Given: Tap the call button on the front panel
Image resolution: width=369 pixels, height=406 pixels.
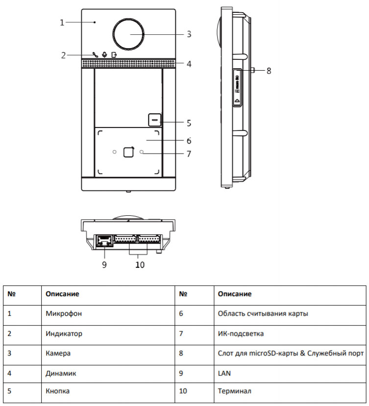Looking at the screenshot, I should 155,119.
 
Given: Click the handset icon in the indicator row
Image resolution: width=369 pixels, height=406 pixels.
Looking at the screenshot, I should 95,55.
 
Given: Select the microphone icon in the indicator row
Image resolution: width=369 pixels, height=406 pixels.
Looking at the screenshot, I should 104,55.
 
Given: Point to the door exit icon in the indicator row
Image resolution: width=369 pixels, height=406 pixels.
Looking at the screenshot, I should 114,55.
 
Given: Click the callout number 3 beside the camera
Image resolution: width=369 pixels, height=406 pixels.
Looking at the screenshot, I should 189,34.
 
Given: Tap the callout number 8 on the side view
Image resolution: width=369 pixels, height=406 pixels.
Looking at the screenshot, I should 269,71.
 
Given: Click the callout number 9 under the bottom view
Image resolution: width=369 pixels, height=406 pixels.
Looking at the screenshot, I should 104,265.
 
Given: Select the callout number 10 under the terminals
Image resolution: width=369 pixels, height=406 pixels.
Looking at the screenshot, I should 140,265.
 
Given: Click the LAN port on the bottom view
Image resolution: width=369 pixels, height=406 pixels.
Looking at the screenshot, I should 103,241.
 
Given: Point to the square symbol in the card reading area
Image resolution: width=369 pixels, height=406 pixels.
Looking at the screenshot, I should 128,152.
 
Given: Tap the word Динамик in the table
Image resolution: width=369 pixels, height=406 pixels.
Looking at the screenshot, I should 60,373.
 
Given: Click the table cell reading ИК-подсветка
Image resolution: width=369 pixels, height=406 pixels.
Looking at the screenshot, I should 241,333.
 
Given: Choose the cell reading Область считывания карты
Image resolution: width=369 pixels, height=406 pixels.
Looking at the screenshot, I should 263,313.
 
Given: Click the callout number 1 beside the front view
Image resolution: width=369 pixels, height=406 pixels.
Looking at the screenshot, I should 62,23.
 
